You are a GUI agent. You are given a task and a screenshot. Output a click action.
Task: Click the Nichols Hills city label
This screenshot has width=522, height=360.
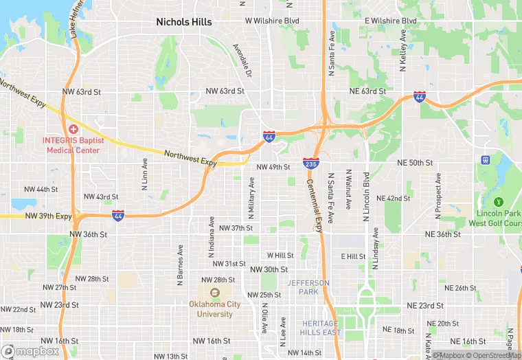184,22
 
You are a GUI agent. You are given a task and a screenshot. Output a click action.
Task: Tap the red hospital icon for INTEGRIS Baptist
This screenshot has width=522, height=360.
73,129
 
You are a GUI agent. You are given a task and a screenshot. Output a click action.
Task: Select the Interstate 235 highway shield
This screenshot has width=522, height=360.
310,163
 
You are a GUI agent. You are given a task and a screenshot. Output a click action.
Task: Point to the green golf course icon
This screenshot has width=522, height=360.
499,202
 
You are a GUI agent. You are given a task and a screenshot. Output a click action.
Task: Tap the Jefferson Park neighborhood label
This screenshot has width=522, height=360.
308,287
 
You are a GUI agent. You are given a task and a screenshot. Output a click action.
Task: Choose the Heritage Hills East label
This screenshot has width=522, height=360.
319,328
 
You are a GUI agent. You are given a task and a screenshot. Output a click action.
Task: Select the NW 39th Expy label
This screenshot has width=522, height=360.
48,216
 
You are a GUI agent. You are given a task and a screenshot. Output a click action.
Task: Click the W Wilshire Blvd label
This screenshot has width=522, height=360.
273,21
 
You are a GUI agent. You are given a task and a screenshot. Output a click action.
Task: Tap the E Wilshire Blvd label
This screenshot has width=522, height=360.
391,21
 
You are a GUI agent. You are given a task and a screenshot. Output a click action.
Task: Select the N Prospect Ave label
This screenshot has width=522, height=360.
437,196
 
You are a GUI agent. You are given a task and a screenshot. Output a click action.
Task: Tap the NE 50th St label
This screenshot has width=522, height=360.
415,163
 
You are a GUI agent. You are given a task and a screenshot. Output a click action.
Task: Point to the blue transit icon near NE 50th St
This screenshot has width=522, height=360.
486,159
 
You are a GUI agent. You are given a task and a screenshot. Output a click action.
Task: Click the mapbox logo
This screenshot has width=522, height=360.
30,351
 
